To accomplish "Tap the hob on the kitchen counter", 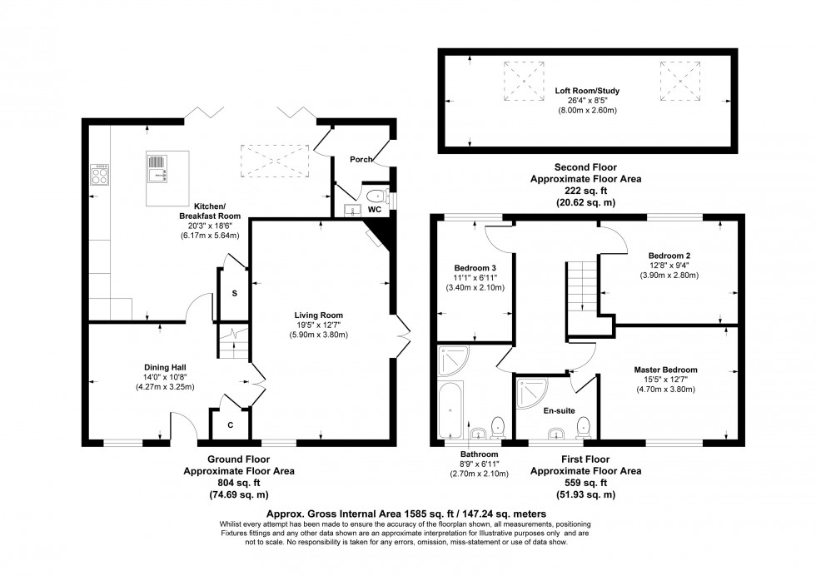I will (99, 176).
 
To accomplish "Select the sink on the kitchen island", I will (158, 171).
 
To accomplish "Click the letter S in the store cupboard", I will (234, 293).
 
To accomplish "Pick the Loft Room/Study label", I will (588, 91).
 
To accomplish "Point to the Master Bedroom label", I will (665, 370).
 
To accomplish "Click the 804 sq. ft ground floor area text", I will (238, 483).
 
